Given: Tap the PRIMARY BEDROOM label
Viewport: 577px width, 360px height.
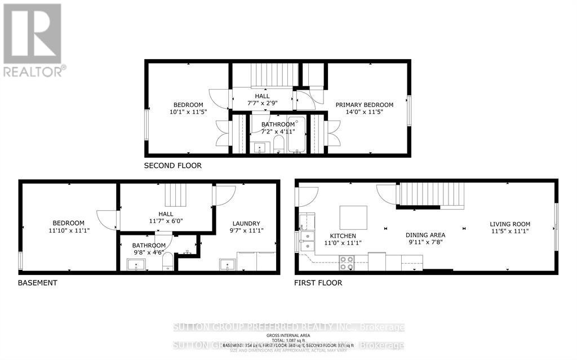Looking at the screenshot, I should (x=364, y=105).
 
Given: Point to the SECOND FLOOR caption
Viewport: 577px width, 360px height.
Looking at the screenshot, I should (x=172, y=166).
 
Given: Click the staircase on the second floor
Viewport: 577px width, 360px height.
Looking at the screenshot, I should (x=273, y=75).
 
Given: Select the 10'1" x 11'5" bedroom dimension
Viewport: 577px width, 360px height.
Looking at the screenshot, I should (x=188, y=112).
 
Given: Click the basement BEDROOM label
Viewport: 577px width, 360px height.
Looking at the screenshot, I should (x=68, y=223).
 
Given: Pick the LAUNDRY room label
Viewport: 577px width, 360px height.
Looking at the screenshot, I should (x=246, y=223).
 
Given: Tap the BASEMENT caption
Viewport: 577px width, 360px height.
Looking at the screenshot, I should (x=37, y=283).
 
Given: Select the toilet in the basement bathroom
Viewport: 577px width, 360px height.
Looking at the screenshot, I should (x=168, y=264).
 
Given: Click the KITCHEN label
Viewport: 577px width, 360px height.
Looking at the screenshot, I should (x=343, y=235).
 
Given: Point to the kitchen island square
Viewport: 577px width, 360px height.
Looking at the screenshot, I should (x=353, y=217).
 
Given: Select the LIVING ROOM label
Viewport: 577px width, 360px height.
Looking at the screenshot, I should (x=509, y=224).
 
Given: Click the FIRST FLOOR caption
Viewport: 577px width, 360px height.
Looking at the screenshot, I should (x=318, y=283).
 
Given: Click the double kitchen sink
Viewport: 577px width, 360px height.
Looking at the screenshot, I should (x=307, y=240).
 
